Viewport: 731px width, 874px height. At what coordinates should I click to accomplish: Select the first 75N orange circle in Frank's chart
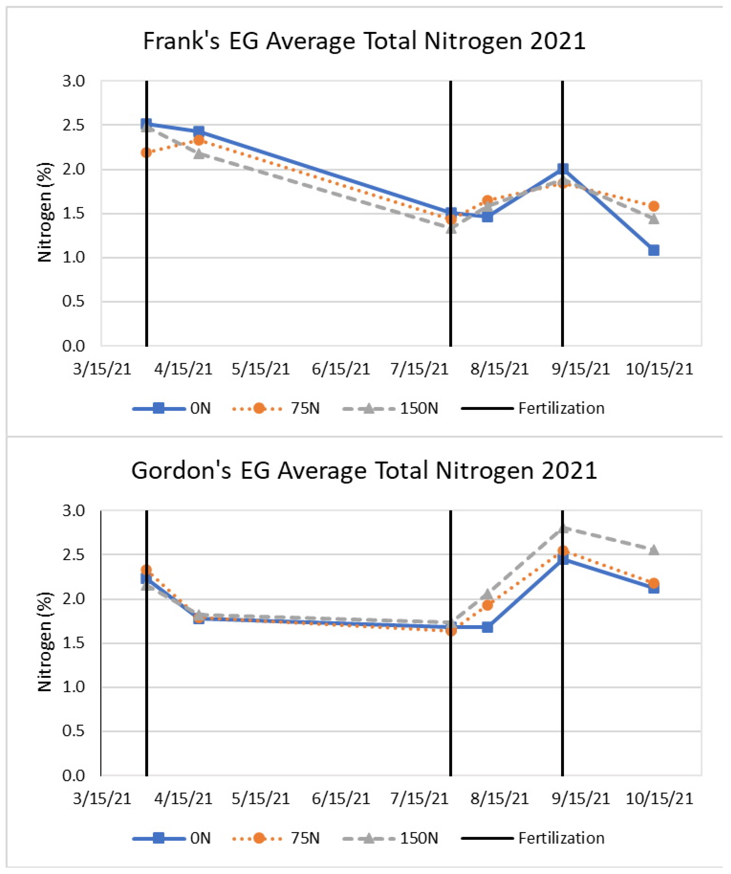tap(146, 153)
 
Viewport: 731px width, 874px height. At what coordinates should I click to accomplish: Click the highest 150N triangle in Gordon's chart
tap(563, 528)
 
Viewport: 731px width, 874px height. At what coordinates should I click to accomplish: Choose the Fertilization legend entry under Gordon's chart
tap(533, 838)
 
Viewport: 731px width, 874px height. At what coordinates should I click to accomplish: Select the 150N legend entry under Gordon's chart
tap(391, 838)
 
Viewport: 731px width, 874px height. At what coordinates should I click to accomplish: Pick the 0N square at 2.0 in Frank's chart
tap(563, 169)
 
